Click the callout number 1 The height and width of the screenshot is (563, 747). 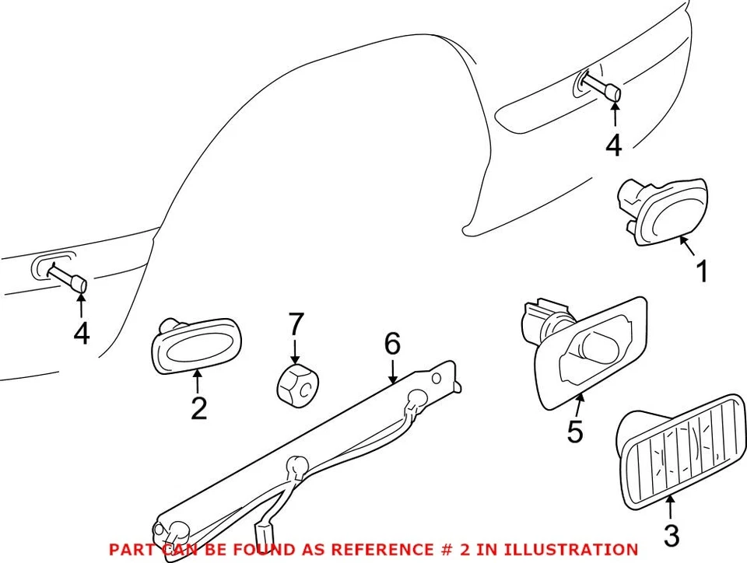click(x=701, y=272)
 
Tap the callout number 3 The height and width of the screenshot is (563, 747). click(x=671, y=535)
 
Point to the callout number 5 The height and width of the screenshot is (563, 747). click(x=574, y=432)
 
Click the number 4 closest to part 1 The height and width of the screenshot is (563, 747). click(x=614, y=145)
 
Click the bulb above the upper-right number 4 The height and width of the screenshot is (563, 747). click(x=604, y=88)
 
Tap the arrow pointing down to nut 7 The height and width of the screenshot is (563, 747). click(x=295, y=348)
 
